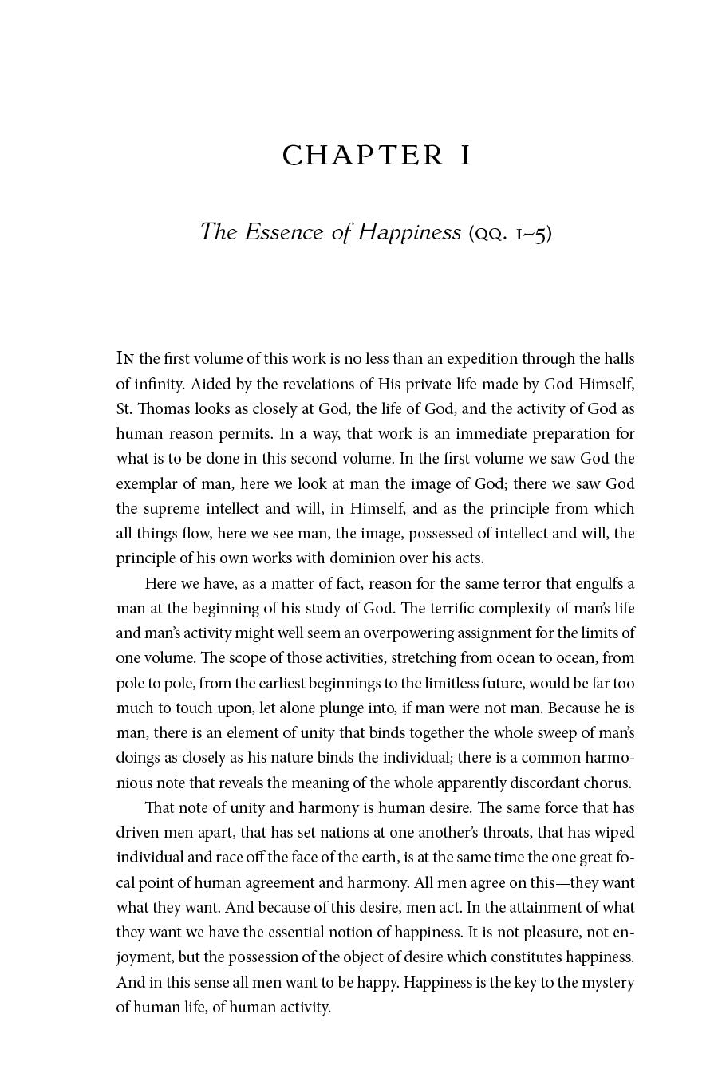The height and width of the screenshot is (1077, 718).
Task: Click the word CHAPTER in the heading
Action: (x=363, y=156)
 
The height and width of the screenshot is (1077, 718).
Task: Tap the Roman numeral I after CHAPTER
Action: (x=464, y=156)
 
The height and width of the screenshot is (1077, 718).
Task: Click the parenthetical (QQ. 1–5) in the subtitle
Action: (x=510, y=233)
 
